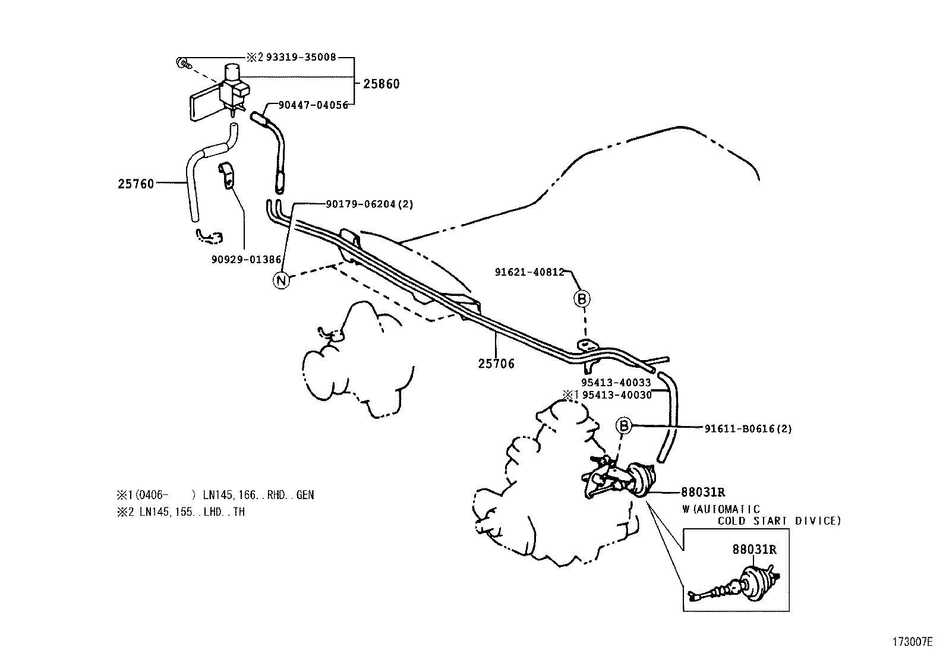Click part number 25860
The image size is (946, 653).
pos(381,84)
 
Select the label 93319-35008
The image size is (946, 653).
pos(301,58)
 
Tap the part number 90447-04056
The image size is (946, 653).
pos(313,105)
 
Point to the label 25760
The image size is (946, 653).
pos(135,184)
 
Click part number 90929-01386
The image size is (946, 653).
pos(246,260)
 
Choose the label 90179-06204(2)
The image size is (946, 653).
pos(369,204)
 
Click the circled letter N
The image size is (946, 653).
pos(282,279)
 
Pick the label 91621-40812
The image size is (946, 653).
pos(529,272)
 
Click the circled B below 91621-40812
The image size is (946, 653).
pos(582,299)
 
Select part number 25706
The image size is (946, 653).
pos(496,363)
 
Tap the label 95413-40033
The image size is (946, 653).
pos(616,383)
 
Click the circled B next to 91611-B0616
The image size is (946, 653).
pos(622,425)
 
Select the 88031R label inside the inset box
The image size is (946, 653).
pos(753,550)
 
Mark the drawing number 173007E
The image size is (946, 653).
pos(912,642)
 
